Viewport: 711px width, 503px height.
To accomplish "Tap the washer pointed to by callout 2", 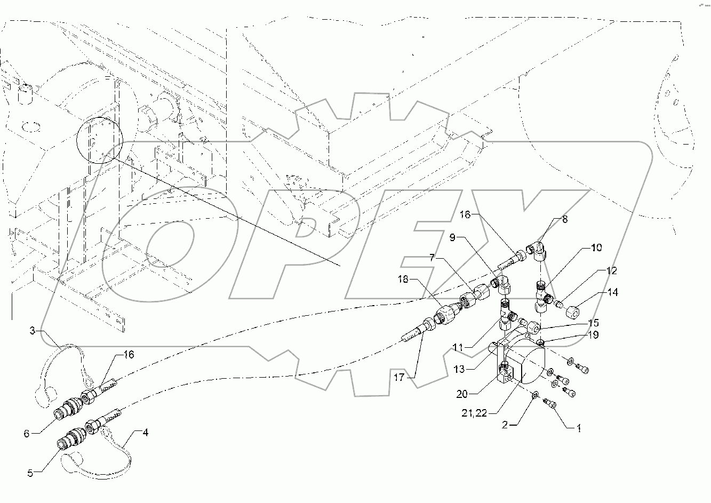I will pos(535,396).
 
